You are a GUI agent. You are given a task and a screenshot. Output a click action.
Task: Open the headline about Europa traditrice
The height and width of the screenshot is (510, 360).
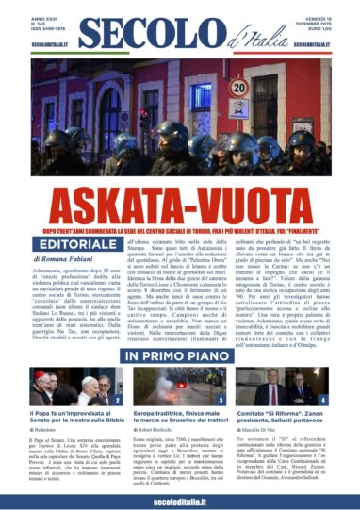[178, 416]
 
